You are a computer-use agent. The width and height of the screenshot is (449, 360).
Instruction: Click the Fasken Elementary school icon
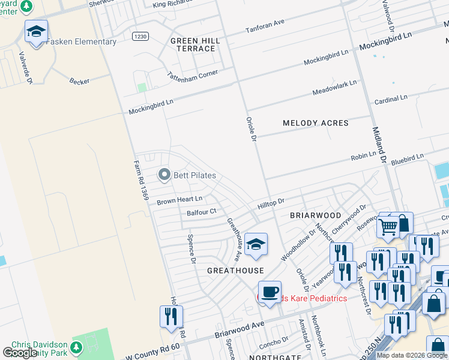click(x=36, y=32)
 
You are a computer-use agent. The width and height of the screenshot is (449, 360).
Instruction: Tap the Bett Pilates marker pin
click(x=163, y=175)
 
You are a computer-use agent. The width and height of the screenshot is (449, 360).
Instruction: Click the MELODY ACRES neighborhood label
click(x=315, y=123)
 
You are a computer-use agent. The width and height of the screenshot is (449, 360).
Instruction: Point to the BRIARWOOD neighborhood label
click(x=315, y=215)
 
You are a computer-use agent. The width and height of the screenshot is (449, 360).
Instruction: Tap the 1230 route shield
click(x=140, y=37)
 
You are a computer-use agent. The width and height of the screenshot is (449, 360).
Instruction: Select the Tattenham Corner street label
click(x=192, y=77)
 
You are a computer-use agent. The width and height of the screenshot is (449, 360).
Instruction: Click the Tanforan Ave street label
click(x=265, y=26)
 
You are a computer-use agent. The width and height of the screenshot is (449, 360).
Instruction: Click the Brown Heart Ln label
click(x=179, y=200)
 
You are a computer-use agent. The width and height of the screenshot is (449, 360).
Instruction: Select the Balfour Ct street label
click(x=201, y=212)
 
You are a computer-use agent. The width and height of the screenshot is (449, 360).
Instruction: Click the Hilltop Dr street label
click(x=270, y=204)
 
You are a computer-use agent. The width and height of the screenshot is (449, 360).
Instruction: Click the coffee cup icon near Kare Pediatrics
click(x=270, y=292)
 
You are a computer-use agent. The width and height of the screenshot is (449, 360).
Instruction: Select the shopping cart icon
click(x=388, y=227)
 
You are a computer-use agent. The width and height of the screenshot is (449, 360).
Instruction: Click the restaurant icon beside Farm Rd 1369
click(x=171, y=316)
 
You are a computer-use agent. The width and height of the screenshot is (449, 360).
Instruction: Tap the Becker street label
click(x=79, y=80)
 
